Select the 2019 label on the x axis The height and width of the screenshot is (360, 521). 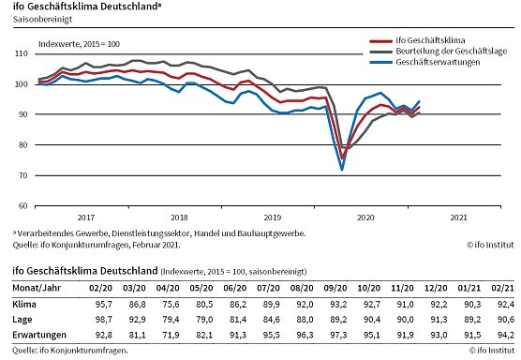(271, 217)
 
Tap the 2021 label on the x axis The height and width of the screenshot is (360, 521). (459, 217)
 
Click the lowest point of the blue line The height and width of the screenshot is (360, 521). (342, 169)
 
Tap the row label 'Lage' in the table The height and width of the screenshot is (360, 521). (22, 320)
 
